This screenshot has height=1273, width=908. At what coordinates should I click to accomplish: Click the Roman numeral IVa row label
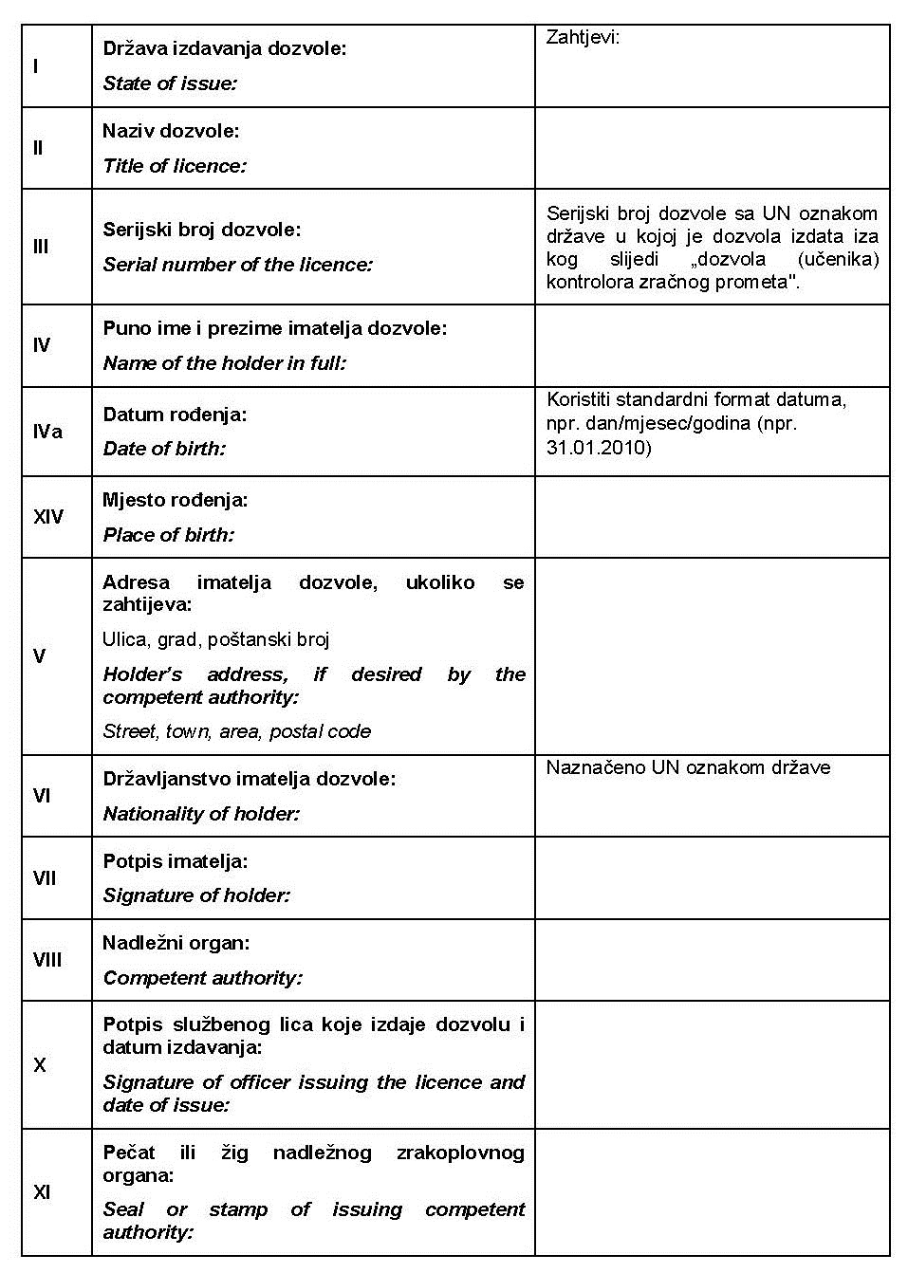47,432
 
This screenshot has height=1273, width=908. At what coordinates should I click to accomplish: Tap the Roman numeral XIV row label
48,517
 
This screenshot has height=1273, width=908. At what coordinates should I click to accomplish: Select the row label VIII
47,960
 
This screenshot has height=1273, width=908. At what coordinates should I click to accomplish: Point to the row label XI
42,1192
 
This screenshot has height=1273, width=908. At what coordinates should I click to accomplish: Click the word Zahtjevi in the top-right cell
583,38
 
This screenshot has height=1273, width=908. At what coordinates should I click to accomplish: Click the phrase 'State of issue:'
170,83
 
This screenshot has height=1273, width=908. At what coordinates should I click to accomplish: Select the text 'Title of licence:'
175,166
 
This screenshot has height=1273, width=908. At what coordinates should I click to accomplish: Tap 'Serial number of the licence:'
237,265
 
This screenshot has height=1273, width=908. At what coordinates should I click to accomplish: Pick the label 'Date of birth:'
164,449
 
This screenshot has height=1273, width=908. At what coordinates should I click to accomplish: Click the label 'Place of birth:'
168,535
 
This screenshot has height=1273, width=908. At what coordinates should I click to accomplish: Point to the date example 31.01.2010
599,447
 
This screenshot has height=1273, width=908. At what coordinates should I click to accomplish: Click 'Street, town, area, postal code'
236,731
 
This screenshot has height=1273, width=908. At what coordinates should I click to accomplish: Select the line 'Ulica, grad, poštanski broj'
215,639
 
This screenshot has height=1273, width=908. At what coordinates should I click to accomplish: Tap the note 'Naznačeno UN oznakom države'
688,767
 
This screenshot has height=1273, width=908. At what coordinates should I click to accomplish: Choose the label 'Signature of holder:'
196,895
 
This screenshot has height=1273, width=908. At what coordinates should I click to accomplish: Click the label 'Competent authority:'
202,978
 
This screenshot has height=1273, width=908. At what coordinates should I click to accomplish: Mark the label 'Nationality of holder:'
201,814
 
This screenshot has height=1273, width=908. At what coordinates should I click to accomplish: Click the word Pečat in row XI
129,1153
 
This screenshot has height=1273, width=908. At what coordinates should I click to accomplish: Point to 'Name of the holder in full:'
224,363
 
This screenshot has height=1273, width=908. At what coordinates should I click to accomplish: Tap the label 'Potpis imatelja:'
176,861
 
